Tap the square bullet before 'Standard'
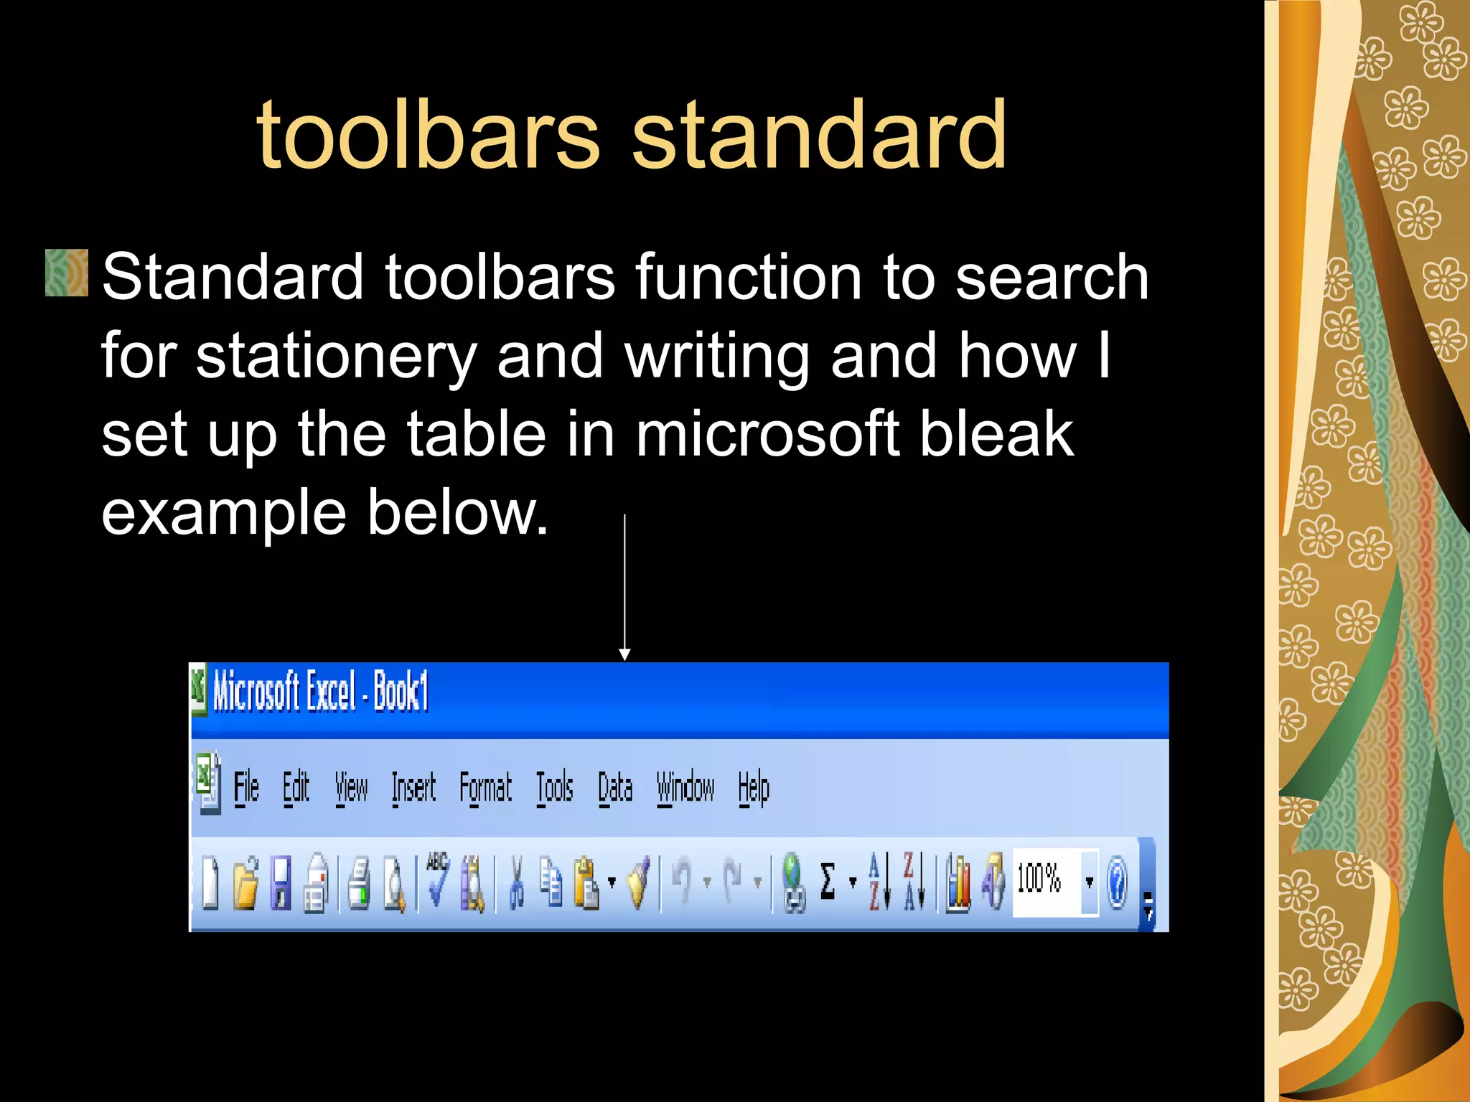point(67,273)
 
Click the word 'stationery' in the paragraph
point(336,356)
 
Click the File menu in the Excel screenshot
point(246,788)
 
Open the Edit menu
point(296,788)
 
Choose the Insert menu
point(413,788)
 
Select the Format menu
point(486,788)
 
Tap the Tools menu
point(555,788)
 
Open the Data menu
point(616,788)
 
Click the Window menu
point(685,788)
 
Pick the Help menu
point(754,788)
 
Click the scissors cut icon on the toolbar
point(515,882)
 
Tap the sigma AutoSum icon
point(828,881)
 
